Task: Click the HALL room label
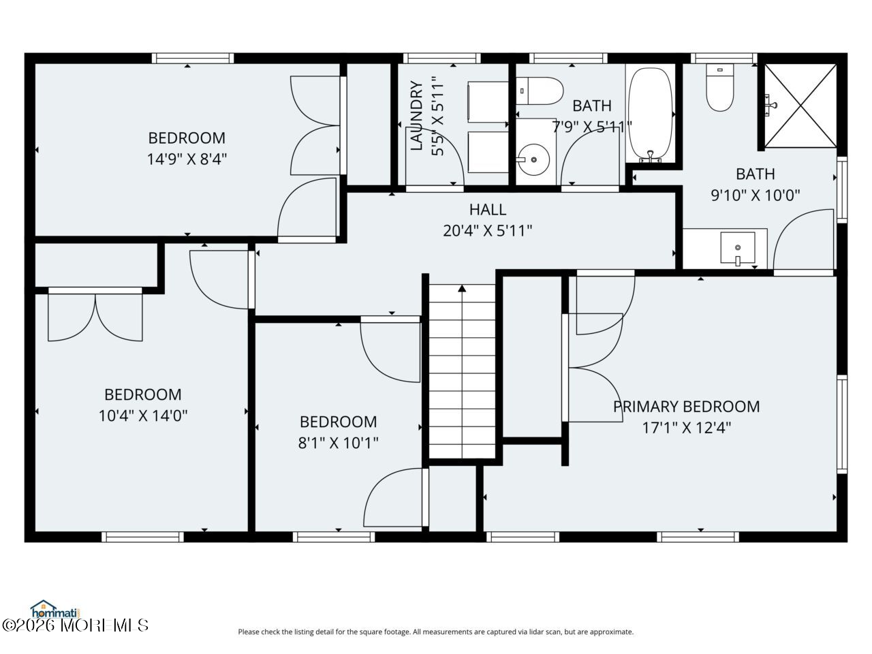click(x=488, y=209)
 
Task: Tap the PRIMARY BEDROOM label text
click(x=686, y=406)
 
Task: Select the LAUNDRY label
click(x=416, y=116)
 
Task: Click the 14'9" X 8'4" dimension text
click(x=187, y=159)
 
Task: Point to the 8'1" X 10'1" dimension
click(x=338, y=443)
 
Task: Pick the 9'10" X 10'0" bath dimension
click(x=756, y=195)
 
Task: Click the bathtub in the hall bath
click(x=651, y=114)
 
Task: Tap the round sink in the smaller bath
click(x=533, y=159)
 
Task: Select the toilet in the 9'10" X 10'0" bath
click(x=719, y=88)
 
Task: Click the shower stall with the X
click(x=800, y=106)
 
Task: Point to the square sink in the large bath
click(x=738, y=248)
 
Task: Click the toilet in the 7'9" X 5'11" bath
click(x=540, y=91)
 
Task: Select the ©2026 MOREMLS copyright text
click(x=76, y=626)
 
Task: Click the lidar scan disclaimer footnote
click(x=436, y=632)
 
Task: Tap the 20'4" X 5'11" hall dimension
click(x=488, y=231)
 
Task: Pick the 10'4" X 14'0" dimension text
click(x=143, y=416)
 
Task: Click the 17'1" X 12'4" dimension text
click(x=687, y=428)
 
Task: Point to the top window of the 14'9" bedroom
click(x=193, y=59)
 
